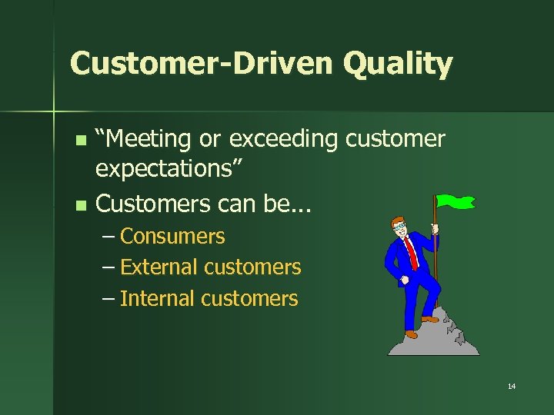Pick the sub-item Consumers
coord(172,236)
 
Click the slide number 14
coord(511,386)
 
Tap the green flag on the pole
coord(456,203)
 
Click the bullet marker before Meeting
coord(82,141)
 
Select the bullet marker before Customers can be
coord(82,205)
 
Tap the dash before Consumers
coord(108,236)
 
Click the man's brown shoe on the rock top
coord(429,318)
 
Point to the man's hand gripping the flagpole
coord(434,228)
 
